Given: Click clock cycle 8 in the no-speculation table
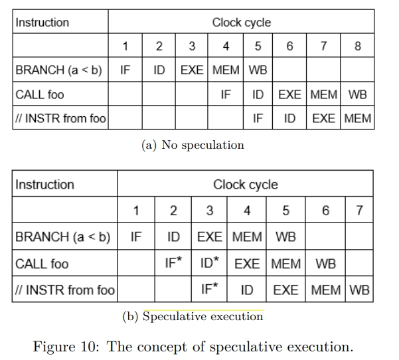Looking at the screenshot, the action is (358, 46).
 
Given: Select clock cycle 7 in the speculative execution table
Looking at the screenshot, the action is (359, 211).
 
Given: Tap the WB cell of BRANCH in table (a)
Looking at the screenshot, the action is (258, 70).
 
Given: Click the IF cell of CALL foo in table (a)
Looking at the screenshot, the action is (226, 94).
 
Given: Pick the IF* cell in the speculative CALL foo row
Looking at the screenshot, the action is (173, 262).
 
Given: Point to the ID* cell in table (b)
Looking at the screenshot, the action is (209, 262).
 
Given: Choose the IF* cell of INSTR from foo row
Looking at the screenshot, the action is (209, 288).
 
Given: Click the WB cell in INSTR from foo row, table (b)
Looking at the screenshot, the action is (359, 290).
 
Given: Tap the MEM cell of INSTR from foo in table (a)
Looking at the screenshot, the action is (358, 118).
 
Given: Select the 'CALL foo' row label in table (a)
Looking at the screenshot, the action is (40, 94).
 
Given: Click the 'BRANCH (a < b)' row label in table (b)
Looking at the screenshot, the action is (63, 236).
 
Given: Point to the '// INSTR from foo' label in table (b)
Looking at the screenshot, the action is (65, 290).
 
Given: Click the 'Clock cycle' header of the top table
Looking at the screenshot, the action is (242, 23).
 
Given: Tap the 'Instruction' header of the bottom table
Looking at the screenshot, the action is (44, 185).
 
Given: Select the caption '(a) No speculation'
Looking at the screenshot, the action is (193, 145).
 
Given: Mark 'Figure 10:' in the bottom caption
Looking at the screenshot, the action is (66, 346).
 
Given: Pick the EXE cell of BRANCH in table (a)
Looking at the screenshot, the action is (192, 70).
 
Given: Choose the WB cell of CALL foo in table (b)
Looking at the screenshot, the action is (326, 264).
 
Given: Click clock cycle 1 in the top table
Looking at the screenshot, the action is (125, 46).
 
